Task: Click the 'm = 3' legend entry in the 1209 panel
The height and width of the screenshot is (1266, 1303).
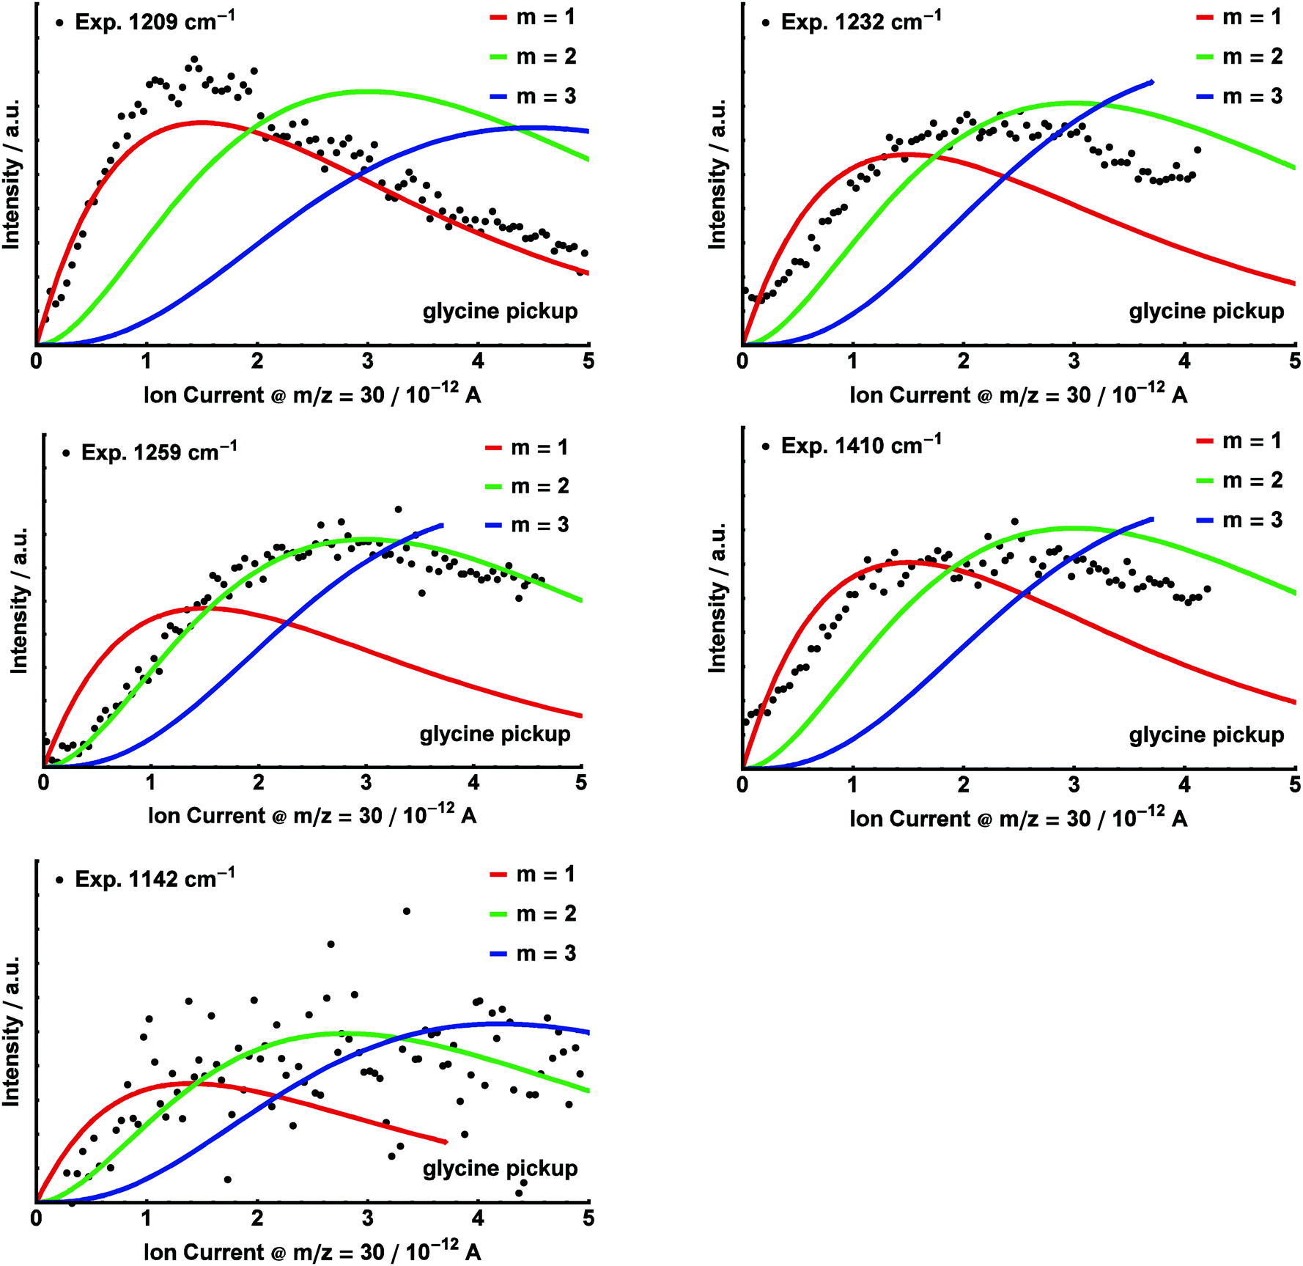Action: point(546,97)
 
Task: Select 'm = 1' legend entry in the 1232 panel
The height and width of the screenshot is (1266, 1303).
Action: point(1252,17)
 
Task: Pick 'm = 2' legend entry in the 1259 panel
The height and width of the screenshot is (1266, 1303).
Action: point(540,486)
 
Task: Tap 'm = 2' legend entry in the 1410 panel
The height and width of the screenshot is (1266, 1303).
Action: point(1252,480)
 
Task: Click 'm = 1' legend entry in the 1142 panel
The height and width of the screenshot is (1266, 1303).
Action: point(546,874)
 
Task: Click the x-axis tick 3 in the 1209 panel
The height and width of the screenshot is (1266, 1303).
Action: point(367,361)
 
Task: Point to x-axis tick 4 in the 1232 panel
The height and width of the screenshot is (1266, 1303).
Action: point(1184,361)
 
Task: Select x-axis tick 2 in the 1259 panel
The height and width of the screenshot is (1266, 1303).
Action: point(259,783)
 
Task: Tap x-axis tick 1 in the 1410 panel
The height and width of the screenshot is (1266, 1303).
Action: point(852,785)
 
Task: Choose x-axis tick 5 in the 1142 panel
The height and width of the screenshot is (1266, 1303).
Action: point(588,1218)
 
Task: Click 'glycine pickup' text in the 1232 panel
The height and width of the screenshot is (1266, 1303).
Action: point(1206,312)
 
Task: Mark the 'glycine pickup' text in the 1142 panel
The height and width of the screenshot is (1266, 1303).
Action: point(500,1168)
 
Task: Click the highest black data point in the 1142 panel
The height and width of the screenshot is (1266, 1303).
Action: point(407,911)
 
